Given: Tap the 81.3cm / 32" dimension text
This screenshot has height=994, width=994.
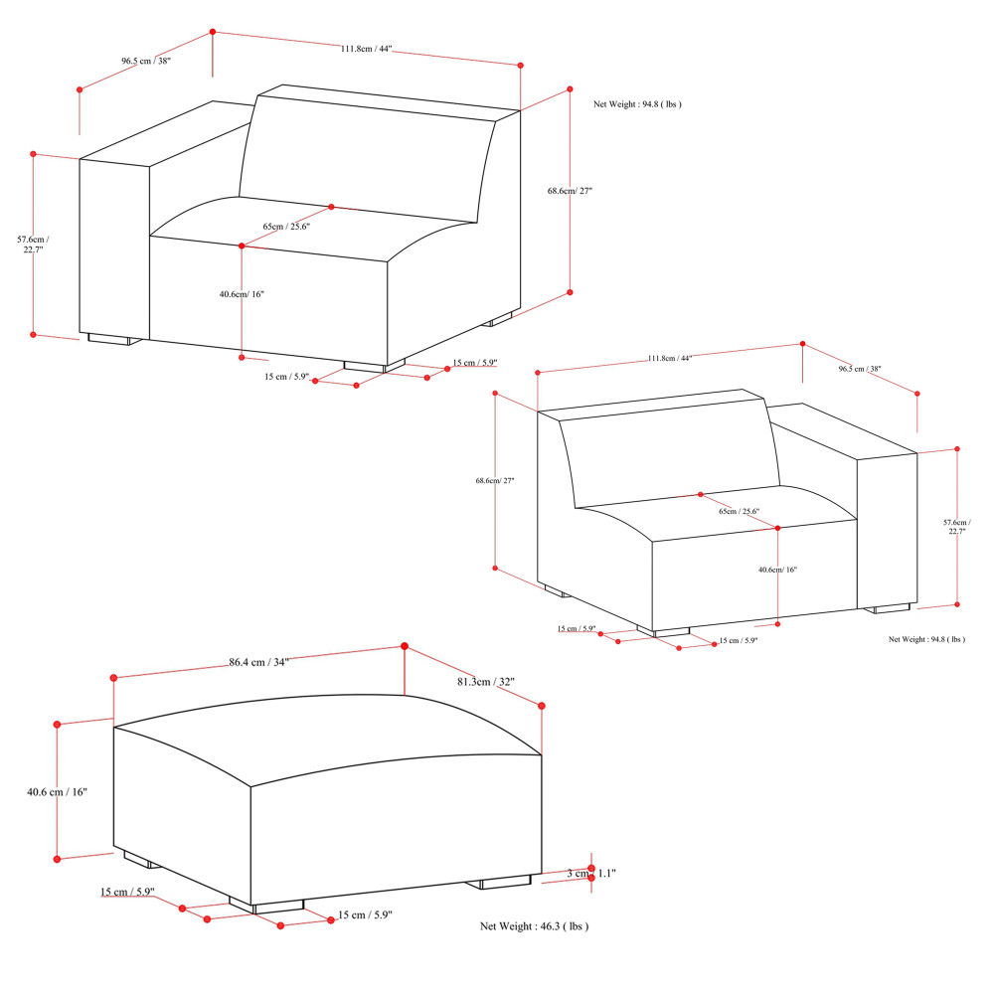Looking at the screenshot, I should [x=485, y=682].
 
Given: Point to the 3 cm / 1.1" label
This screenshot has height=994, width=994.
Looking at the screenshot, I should [x=591, y=873].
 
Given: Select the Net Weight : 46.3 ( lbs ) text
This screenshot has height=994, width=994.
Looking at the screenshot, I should [x=534, y=925].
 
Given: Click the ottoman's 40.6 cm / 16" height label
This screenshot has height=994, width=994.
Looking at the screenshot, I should [x=58, y=792].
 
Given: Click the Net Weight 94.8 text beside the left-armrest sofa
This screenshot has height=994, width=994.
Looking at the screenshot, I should [x=637, y=103].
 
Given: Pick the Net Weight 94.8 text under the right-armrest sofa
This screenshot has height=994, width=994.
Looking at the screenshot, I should [x=926, y=639].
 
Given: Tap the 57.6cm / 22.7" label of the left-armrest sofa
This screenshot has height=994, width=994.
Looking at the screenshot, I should [x=33, y=244].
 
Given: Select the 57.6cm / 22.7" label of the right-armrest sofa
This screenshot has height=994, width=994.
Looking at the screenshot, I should [x=956, y=527].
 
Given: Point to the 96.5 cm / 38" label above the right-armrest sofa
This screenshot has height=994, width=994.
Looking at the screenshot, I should [x=860, y=369].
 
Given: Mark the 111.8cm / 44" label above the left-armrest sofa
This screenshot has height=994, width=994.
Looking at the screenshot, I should [x=366, y=49].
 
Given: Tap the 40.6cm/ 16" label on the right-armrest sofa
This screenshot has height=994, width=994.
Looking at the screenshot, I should [x=777, y=570].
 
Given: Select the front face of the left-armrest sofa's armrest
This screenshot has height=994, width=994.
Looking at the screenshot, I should [x=113, y=248].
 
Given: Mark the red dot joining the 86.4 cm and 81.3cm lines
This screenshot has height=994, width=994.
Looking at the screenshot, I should [x=405, y=646].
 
